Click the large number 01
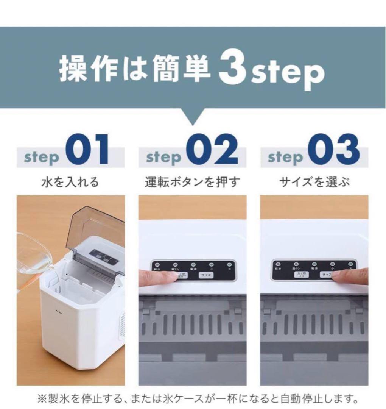click(87, 151)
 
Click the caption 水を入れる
click(70, 182)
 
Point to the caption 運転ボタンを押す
click(192, 182)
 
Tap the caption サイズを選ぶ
click(314, 182)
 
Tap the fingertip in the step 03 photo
click(339, 276)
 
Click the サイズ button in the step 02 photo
click(206, 275)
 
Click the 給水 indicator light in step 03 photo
click(279, 265)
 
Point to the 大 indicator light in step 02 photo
click(229, 264)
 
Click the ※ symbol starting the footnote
click(41, 399)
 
